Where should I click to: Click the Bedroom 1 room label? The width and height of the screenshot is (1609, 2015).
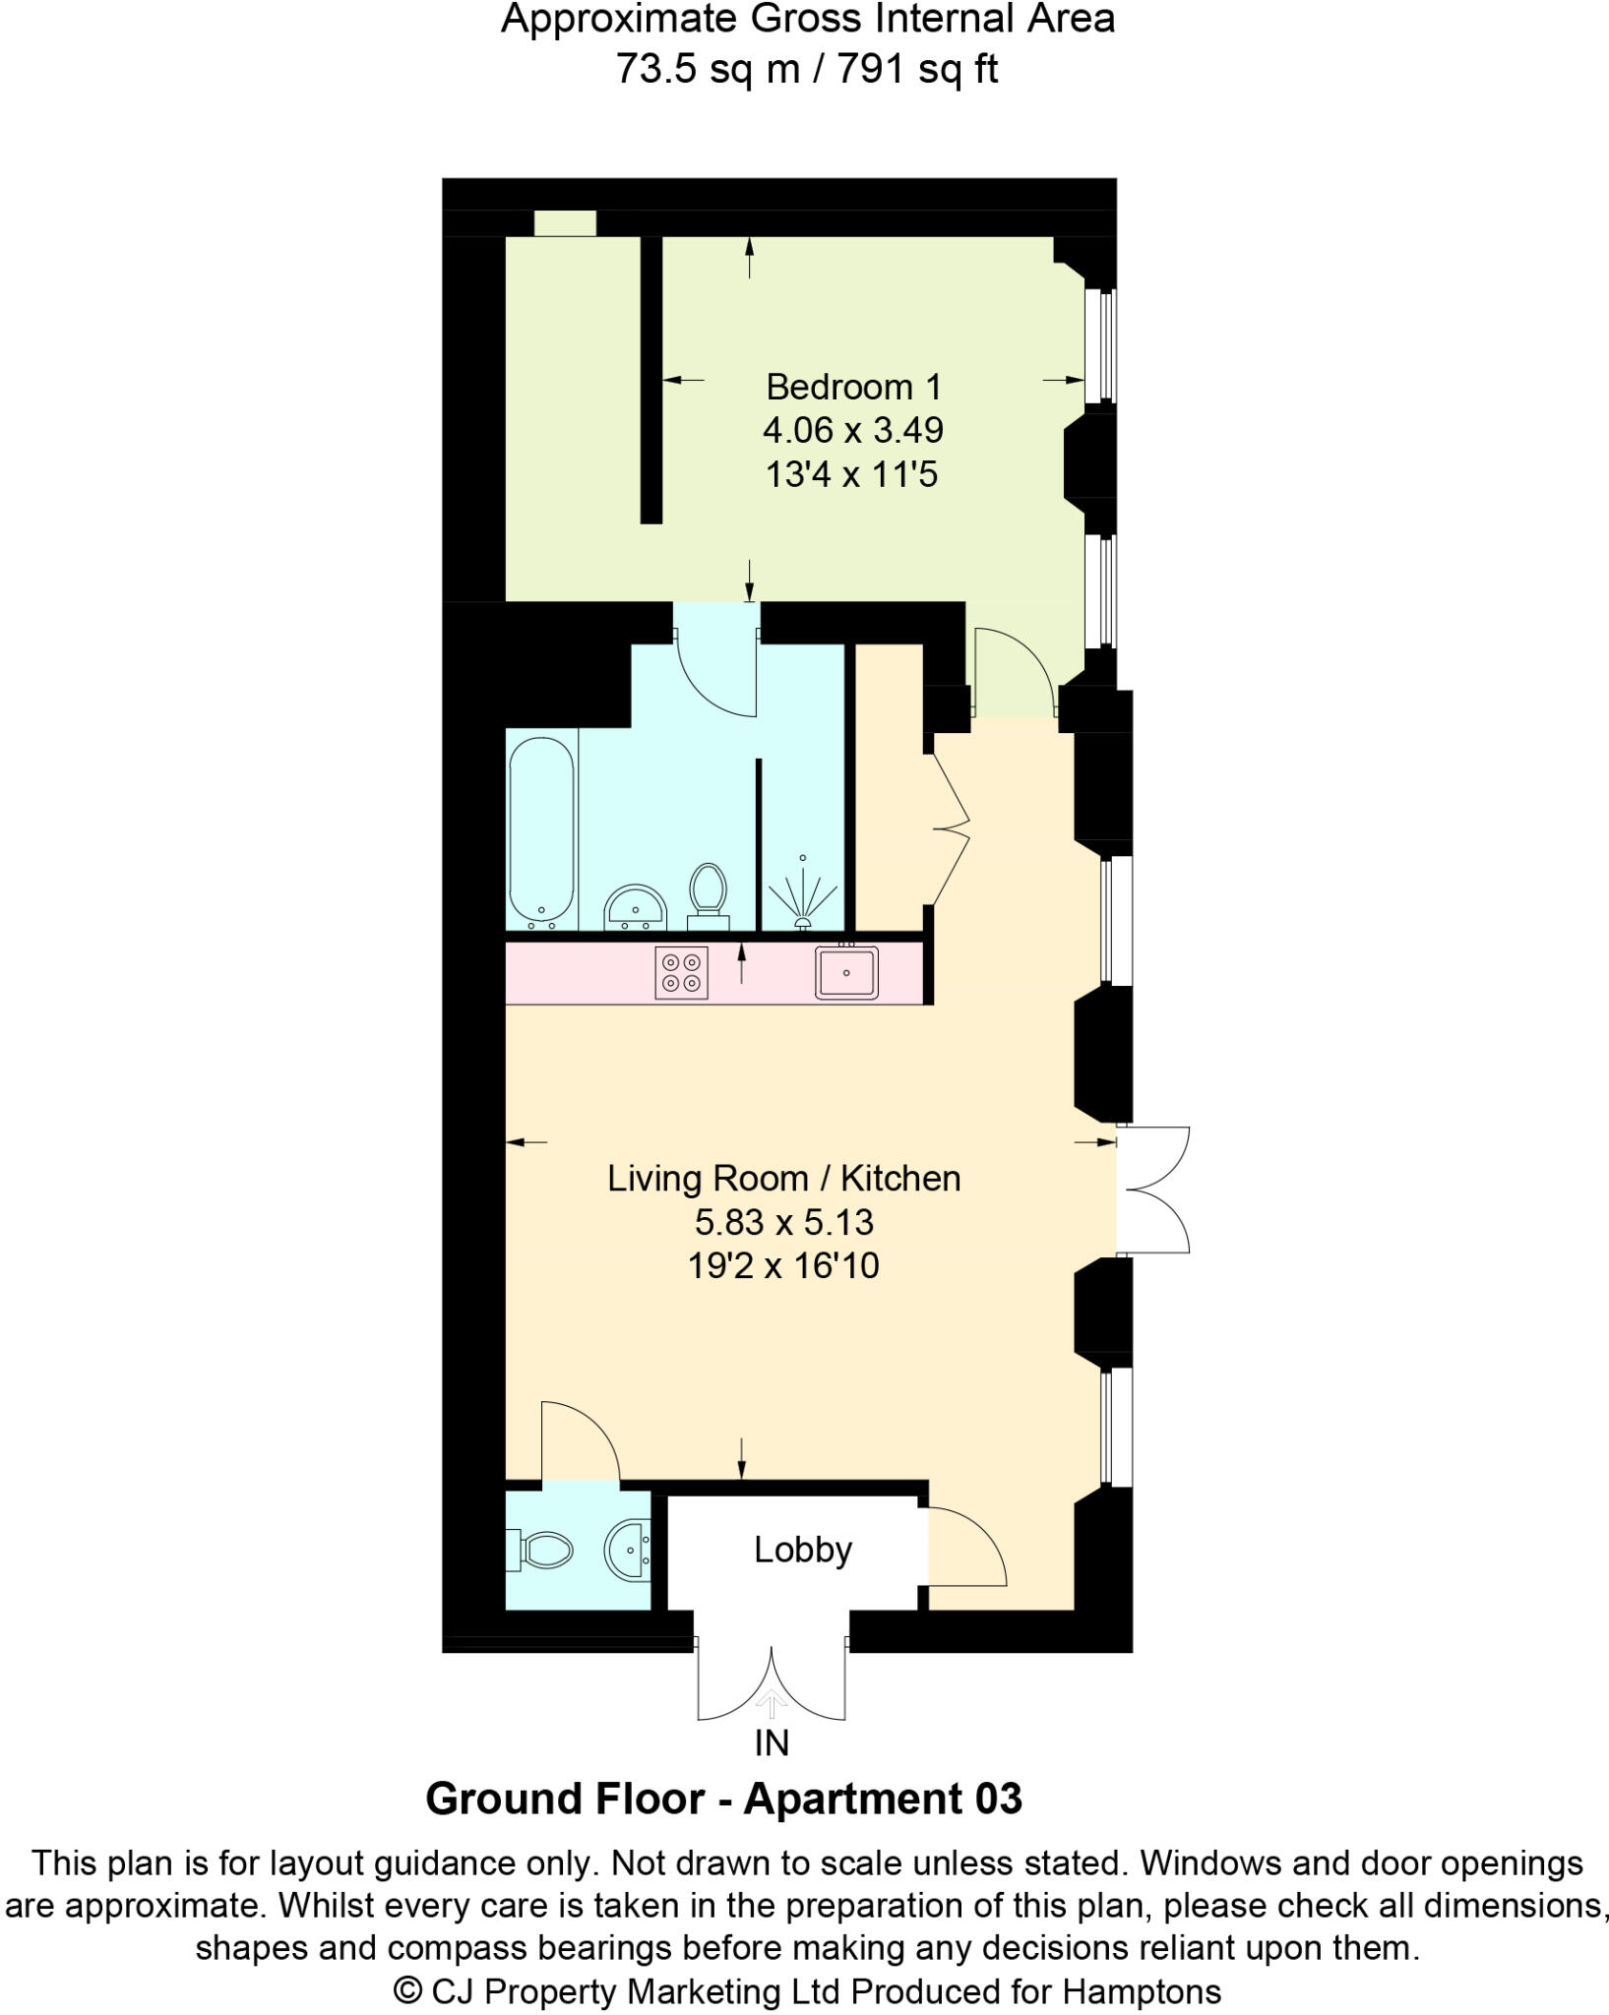(x=853, y=387)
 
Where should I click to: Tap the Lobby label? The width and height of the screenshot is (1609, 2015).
(x=803, y=1550)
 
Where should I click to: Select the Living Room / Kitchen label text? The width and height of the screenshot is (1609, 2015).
(x=783, y=1179)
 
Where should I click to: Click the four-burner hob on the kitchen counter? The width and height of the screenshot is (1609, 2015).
(x=682, y=973)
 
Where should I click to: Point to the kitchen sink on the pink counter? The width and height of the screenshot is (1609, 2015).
(x=845, y=973)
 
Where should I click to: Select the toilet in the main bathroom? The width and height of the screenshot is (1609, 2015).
(x=708, y=892)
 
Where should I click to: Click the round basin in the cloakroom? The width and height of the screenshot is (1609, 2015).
(x=626, y=1552)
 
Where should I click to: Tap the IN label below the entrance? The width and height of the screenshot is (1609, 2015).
(x=772, y=1743)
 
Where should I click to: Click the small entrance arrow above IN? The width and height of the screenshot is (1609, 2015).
(x=772, y=1701)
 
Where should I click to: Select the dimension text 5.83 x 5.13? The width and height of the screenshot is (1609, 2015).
(x=783, y=1222)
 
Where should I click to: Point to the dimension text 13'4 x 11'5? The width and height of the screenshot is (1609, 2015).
(x=852, y=474)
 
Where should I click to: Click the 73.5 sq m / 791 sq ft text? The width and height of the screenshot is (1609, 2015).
(x=807, y=69)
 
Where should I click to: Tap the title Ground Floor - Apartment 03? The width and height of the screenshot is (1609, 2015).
(x=723, y=1799)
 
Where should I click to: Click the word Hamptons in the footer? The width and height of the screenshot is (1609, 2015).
(x=1142, y=1991)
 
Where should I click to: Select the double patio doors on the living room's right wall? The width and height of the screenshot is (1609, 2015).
(x=1153, y=1191)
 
